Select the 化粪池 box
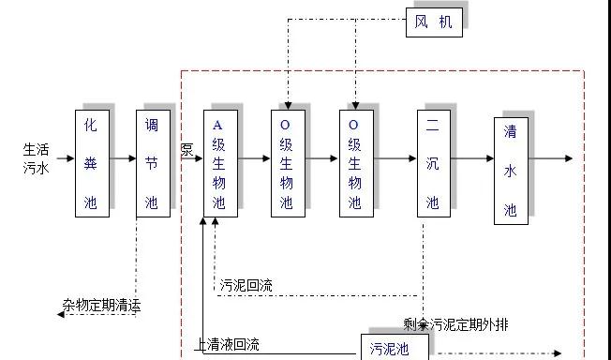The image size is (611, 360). coord(92,163)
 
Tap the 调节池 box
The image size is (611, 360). coord(152,163)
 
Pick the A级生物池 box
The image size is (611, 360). coord(220,163)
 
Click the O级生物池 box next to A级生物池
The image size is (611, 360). coord(288,163)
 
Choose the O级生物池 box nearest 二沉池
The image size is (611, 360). coord(355,163)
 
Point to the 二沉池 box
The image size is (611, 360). coord(433,163)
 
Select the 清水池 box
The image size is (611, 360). coord(511,171)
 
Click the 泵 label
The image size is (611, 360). coord(186,150)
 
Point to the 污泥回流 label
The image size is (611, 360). coord(246,286)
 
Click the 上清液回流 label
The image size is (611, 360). coord(227,344)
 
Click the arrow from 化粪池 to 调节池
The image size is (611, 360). coord(123,158)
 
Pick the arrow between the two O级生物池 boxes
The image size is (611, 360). coord(321,158)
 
